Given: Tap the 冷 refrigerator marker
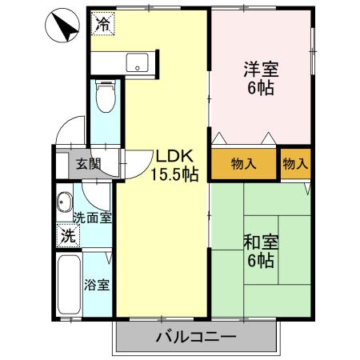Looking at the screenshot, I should point(102,24).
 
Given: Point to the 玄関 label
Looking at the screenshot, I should point(88,166).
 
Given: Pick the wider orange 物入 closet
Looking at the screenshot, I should point(243,164).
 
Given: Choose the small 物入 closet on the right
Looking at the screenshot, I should point(295,164).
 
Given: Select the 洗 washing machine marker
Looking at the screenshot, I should point(70,236).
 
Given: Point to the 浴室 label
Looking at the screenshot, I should point(97,284).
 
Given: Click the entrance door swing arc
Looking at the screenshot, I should point(70,128).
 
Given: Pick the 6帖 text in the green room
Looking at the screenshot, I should point(262,261).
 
